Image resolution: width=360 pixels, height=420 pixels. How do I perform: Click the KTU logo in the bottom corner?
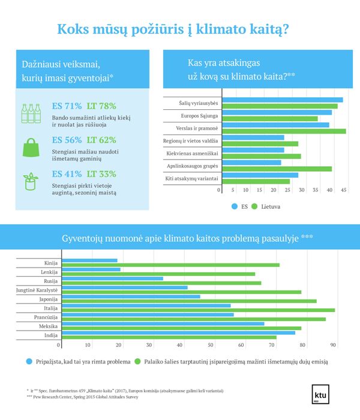(x=320, y=394)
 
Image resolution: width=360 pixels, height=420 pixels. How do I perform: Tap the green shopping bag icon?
(x=31, y=147)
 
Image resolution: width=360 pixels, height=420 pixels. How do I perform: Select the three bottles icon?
(x=31, y=113)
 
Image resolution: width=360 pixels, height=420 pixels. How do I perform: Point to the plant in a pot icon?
(x=30, y=181)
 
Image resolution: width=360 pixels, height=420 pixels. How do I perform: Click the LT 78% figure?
(x=101, y=106)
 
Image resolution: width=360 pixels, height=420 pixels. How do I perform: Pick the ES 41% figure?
(x=67, y=174)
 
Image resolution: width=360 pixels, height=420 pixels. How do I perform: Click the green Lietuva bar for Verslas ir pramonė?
(x=284, y=131)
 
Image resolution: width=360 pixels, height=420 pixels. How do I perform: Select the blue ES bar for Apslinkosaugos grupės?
(x=252, y=163)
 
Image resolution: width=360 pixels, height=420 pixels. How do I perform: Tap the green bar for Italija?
(x=198, y=310)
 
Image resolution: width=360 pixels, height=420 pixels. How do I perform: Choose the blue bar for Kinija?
(x=89, y=260)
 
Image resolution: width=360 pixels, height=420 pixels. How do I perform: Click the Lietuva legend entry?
(x=266, y=206)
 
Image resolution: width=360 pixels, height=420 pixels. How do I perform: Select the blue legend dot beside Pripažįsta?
(x=29, y=362)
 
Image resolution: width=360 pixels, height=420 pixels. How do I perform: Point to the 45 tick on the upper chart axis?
(x=344, y=190)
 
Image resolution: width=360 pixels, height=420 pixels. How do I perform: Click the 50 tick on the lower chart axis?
(x=211, y=345)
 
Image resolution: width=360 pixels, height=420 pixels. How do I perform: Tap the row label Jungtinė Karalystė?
(x=37, y=290)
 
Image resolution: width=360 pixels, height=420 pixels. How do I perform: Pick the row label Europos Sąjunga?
(x=199, y=116)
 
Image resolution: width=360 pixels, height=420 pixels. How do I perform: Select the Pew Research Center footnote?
(x=83, y=397)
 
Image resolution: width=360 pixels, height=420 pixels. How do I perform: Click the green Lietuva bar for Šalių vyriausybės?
(x=280, y=106)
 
